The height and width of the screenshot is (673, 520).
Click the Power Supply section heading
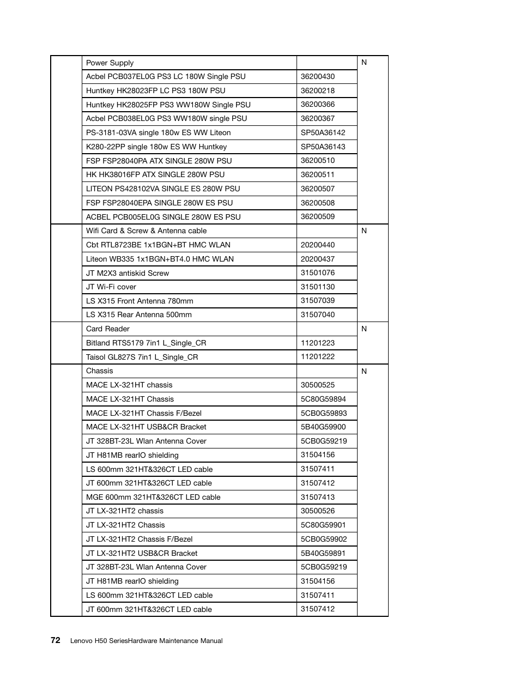tap(110, 63)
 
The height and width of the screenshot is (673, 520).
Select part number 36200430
tap(317, 77)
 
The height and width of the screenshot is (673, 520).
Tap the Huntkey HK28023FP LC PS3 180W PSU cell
tap(155, 91)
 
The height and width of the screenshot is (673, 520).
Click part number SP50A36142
tap(323, 132)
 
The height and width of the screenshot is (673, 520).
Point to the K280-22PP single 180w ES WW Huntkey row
tap(156, 147)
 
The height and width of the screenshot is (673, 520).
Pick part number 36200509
tap(317, 216)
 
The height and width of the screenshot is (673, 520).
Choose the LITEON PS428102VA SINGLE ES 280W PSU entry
tap(162, 189)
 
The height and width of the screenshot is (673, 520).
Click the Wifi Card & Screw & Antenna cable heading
tap(146, 231)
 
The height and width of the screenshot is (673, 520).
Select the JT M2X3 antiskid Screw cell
tap(127, 273)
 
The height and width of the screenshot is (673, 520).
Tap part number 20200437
tap(317, 259)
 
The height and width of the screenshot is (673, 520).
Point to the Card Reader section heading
tap(107, 329)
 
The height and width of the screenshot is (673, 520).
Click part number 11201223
tap(317, 343)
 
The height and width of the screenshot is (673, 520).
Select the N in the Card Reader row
tap(364, 329)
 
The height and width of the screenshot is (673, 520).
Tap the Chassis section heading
tap(99, 371)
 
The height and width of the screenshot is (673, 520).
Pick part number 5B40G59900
tap(323, 427)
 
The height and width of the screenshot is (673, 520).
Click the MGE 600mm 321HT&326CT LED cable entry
tap(153, 497)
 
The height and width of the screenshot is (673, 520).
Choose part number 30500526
tap(317, 511)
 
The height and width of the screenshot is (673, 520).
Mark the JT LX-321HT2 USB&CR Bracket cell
tap(141, 553)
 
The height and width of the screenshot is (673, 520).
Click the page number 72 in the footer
tap(55, 640)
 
